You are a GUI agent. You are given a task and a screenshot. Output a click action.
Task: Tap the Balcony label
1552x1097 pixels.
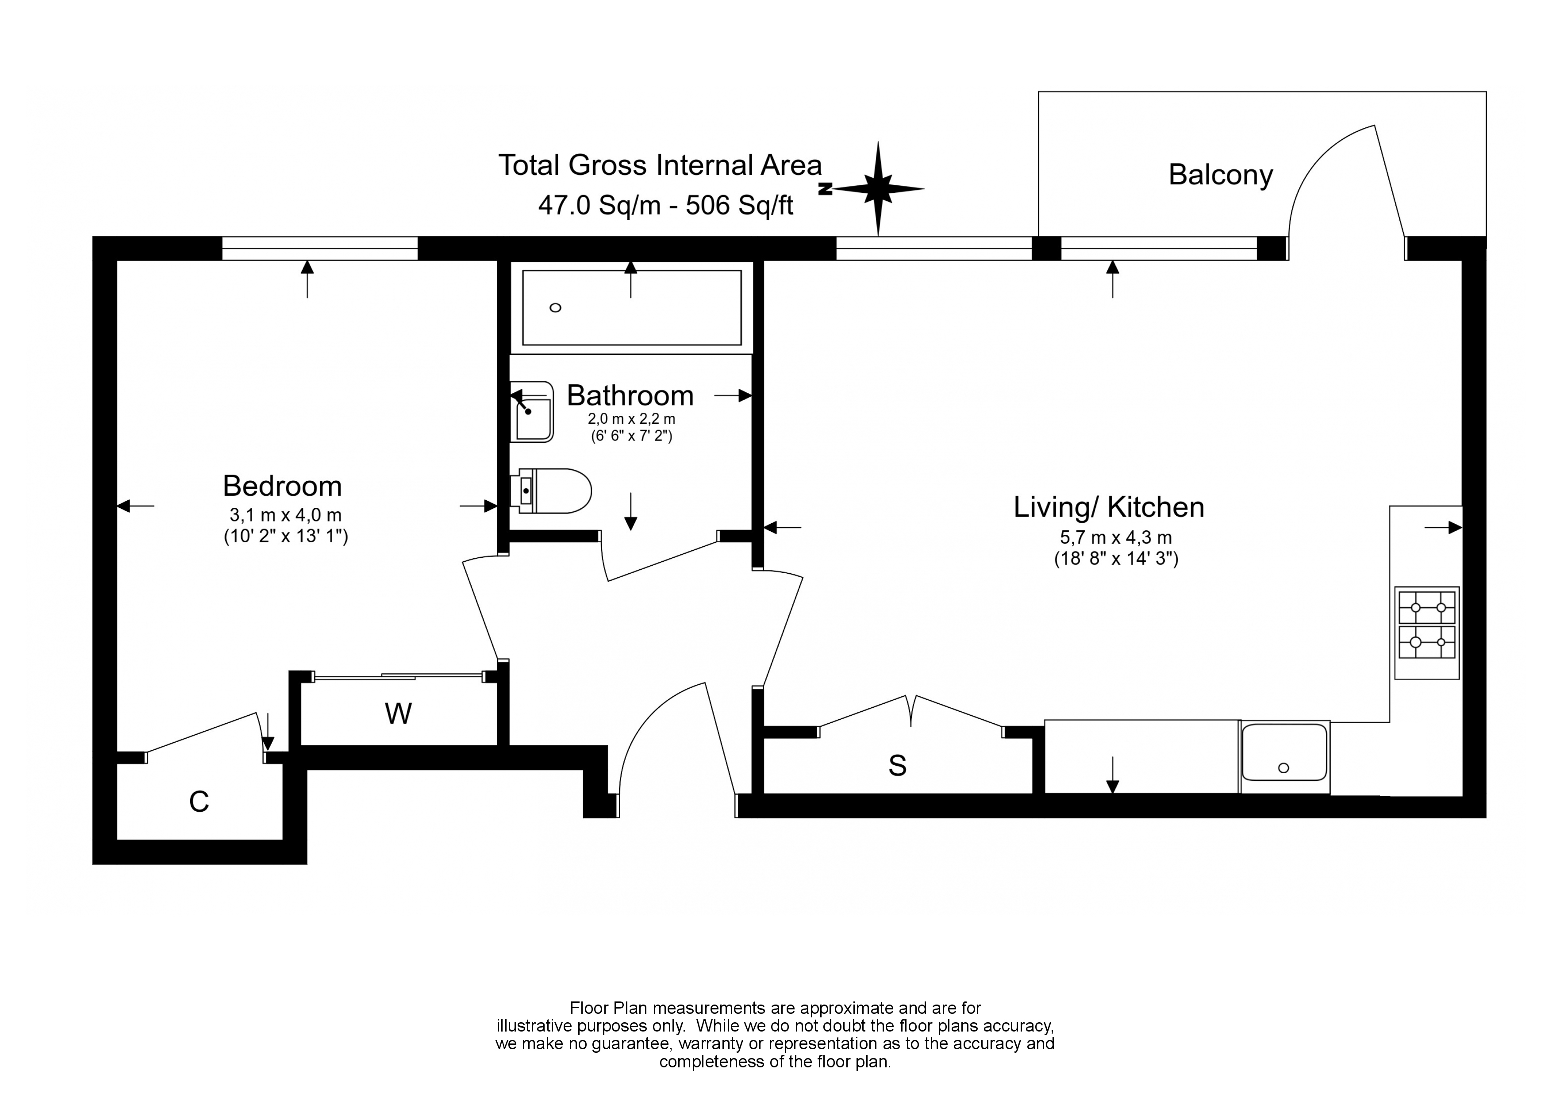(1220, 175)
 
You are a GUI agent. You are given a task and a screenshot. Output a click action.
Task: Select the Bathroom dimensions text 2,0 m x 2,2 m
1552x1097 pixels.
(631, 419)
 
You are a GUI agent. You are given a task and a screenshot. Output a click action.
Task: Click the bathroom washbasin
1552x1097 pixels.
(533, 412)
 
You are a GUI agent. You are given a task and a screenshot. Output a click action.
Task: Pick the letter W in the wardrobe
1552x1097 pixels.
(398, 714)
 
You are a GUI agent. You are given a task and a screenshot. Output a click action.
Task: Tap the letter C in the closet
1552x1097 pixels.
(199, 802)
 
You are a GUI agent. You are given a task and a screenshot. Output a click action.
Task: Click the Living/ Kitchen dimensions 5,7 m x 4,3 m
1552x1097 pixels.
(1115, 538)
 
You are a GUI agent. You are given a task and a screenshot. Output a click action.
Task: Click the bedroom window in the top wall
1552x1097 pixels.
(320, 249)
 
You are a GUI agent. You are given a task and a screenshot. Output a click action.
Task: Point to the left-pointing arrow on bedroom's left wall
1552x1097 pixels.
(135, 506)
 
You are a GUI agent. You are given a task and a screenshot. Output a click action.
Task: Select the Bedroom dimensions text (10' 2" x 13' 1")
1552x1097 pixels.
(286, 537)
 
